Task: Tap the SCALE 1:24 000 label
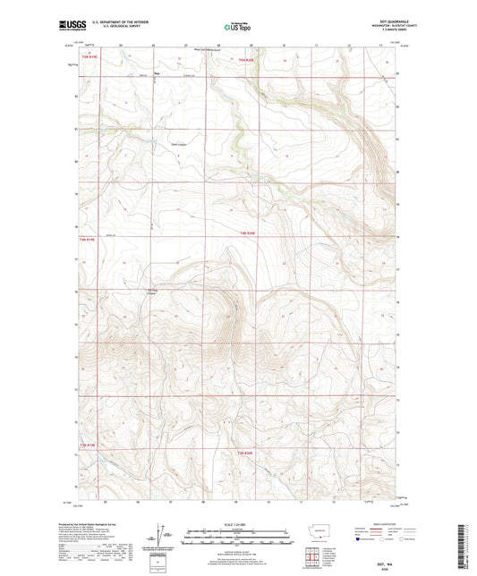(237, 524)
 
